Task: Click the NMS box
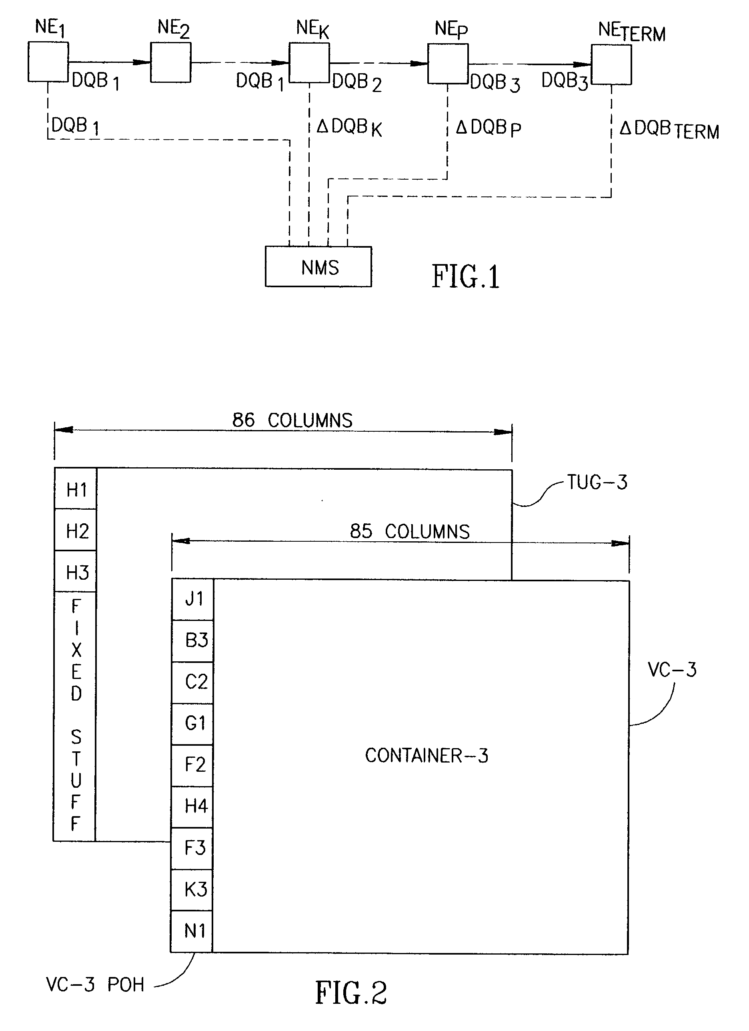pyautogui.click(x=318, y=267)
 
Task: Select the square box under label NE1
pyautogui.click(x=48, y=62)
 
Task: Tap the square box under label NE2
pyautogui.click(x=170, y=62)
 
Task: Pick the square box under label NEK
pyautogui.click(x=309, y=63)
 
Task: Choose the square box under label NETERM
pyautogui.click(x=611, y=64)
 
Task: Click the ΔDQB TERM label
pyautogui.click(x=669, y=130)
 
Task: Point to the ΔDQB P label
pyautogui.click(x=488, y=128)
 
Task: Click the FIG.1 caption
pyautogui.click(x=465, y=276)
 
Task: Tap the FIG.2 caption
pyautogui.click(x=351, y=992)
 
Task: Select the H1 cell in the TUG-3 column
pyautogui.click(x=76, y=489)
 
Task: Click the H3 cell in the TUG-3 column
pyautogui.click(x=76, y=572)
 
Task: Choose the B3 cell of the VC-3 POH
pyautogui.click(x=193, y=641)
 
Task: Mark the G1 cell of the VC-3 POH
pyautogui.click(x=193, y=723)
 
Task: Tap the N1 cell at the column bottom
pyautogui.click(x=192, y=931)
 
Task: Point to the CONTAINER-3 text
pyautogui.click(x=426, y=755)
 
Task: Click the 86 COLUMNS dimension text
pyautogui.click(x=292, y=420)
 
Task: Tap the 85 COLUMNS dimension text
pyautogui.click(x=409, y=531)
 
